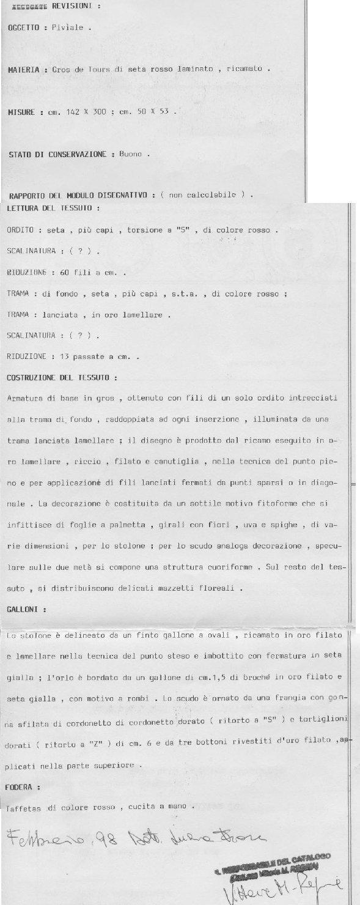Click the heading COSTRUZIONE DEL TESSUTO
62,377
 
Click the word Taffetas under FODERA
24,807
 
